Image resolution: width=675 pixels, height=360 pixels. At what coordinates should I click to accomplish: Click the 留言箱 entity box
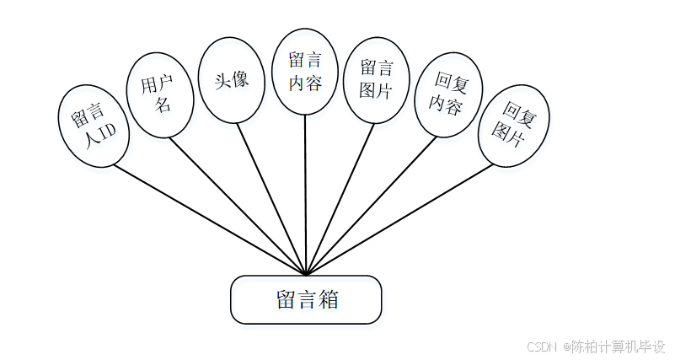(x=306, y=299)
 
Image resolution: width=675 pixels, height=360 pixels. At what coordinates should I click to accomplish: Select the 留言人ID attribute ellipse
(x=94, y=124)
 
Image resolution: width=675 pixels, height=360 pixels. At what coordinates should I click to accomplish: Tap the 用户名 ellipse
(x=160, y=94)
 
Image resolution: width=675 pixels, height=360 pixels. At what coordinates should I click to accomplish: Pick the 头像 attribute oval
(x=231, y=81)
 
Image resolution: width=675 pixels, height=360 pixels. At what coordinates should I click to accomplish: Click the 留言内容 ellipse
(x=305, y=72)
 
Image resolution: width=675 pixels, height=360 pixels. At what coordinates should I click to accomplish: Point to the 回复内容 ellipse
(x=447, y=94)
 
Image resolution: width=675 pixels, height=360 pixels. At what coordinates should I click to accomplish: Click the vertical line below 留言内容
(x=306, y=194)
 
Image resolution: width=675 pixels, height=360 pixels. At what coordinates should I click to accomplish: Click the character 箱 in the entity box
(x=328, y=299)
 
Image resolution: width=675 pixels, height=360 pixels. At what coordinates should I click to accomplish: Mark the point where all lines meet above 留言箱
(x=306, y=274)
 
